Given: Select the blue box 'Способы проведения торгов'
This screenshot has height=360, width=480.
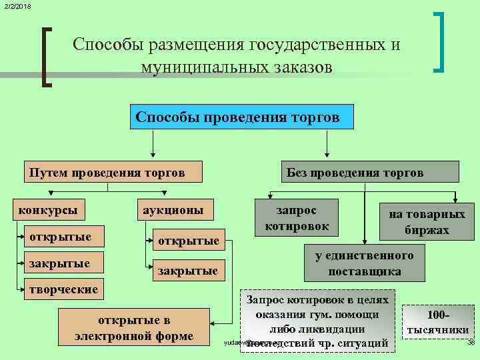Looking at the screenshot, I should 238,117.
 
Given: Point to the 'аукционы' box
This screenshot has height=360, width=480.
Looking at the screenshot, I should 170,210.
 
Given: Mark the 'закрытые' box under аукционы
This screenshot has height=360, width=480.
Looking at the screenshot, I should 187,271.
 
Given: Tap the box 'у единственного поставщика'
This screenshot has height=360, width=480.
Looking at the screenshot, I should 364,263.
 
